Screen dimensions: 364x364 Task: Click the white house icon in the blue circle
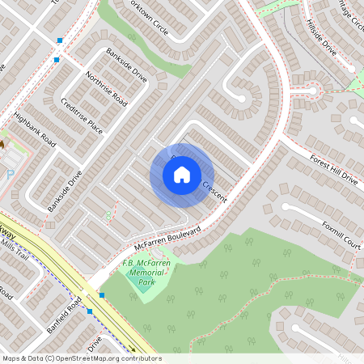coord(182,175)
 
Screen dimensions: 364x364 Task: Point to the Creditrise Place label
coord(83,116)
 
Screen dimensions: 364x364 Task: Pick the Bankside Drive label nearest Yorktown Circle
coord(126,66)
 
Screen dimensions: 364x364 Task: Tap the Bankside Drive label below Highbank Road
coord(65,191)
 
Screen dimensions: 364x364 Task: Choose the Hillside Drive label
coord(321,36)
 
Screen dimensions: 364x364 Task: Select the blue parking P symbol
coord(11,173)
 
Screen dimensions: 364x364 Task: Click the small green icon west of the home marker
coord(108,214)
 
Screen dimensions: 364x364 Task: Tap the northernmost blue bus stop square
coord(59,40)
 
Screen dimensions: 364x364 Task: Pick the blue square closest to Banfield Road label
coord(90,311)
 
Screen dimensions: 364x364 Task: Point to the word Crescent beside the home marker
coord(214,191)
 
